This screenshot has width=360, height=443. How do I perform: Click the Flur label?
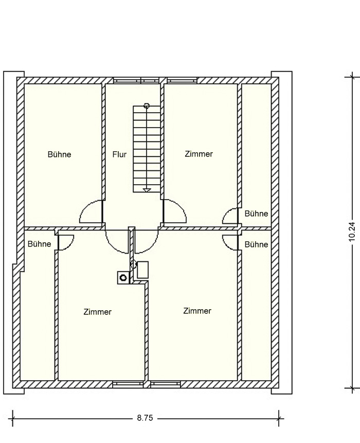(x=119, y=154)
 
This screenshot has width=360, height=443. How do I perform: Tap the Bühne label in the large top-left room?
(x=59, y=154)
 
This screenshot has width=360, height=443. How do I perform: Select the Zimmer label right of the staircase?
(x=199, y=154)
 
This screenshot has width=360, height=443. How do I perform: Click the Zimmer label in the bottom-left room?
(x=97, y=312)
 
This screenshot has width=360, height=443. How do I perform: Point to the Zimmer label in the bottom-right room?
(x=197, y=311)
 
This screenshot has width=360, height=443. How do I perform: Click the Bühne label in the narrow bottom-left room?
(x=39, y=244)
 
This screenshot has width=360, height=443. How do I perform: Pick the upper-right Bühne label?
(x=256, y=214)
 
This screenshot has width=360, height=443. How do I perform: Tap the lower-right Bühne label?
(x=256, y=244)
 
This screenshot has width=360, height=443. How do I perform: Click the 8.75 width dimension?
(x=145, y=418)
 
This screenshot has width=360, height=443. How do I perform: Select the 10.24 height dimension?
(x=352, y=232)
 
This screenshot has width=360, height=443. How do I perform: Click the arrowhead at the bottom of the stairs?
(x=147, y=190)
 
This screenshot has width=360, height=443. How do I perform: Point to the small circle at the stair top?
(x=146, y=105)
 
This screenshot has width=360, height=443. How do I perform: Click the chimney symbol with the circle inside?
(x=123, y=278)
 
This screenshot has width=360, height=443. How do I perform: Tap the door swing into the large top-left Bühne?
(x=85, y=206)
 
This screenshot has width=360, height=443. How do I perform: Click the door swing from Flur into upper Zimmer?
(x=181, y=206)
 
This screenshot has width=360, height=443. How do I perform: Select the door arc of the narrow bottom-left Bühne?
(x=70, y=245)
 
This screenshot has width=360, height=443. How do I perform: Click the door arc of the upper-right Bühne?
(x=226, y=212)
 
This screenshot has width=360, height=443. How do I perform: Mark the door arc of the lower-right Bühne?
(x=226, y=246)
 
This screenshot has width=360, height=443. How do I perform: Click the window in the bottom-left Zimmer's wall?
(x=128, y=384)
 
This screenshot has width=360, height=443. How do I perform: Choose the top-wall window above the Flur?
(x=136, y=80)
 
